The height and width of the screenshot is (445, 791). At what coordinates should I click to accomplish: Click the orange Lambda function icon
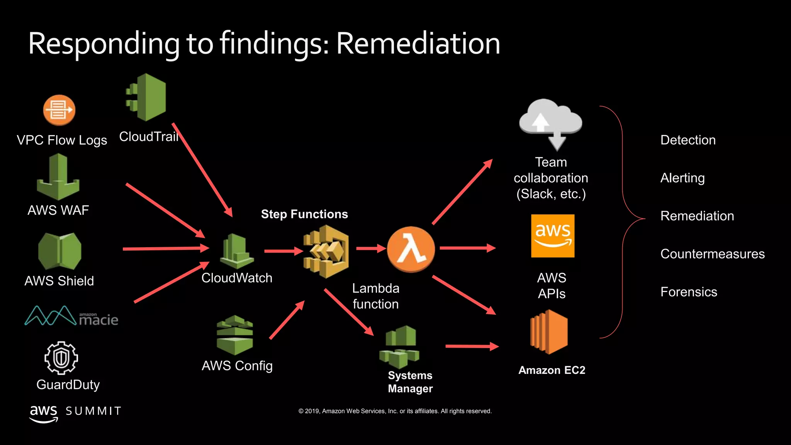coord(411,250)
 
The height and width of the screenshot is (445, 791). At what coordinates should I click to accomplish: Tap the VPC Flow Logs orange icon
coord(59,110)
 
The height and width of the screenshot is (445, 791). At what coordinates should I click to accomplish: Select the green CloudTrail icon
coord(146,97)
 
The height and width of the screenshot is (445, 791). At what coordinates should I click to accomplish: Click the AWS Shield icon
coord(59,251)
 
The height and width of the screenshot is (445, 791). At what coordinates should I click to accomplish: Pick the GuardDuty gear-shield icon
coord(61,358)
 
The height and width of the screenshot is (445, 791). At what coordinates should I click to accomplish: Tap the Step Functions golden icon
coord(326,251)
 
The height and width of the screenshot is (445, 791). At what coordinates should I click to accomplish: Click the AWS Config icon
coord(235,335)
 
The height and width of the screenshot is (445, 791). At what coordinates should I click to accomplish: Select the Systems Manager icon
coord(400,346)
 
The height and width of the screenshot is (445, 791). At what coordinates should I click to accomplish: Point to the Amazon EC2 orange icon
coord(549,332)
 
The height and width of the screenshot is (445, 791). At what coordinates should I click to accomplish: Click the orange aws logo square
coord(553,236)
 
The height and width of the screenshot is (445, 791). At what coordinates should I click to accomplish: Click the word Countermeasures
coord(712,254)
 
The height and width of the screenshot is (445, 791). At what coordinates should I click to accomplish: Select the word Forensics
coord(689,292)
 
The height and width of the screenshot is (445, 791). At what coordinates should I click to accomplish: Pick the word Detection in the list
coord(688,140)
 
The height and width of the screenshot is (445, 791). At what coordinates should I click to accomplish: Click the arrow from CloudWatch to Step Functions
coord(283,251)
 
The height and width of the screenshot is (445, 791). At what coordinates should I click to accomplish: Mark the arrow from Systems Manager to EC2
coord(472,346)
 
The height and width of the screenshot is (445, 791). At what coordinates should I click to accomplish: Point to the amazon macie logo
coord(71,316)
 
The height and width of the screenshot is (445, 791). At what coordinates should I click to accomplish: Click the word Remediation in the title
coord(418,44)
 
